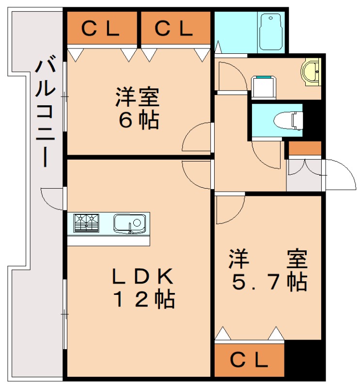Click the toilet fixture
point(288,119)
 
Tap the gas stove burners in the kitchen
point(86,223)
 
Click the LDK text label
point(142,277)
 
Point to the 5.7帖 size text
point(268,281)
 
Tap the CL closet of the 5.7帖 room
point(249,359)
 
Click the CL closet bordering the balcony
point(101,29)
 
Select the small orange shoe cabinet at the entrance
point(305,148)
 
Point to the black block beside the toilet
point(313,121)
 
